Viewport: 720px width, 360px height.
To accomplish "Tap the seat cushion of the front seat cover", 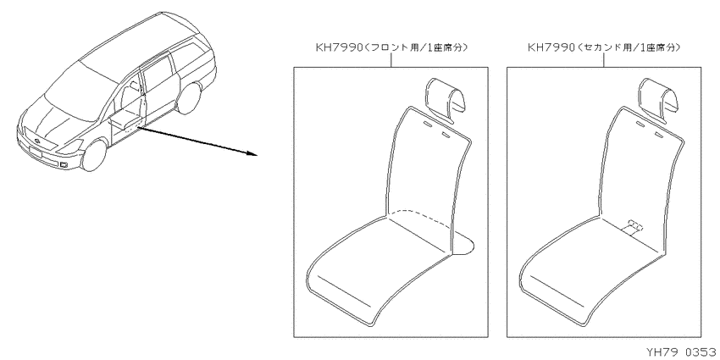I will [x=381, y=263].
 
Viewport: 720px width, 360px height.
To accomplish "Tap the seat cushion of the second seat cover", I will [x=593, y=263].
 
